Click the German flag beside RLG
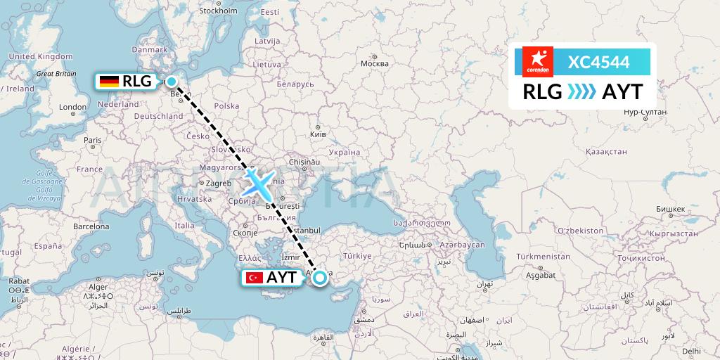(109, 82)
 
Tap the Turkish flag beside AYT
(253, 278)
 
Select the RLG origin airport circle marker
(171, 82)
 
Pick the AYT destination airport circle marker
(320, 278)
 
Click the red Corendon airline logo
(539, 62)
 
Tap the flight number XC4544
(598, 62)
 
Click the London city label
(73, 108)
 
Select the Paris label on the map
(93, 140)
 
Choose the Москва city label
(374, 64)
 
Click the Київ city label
(318, 133)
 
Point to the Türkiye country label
(356, 255)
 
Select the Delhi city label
(690, 350)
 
